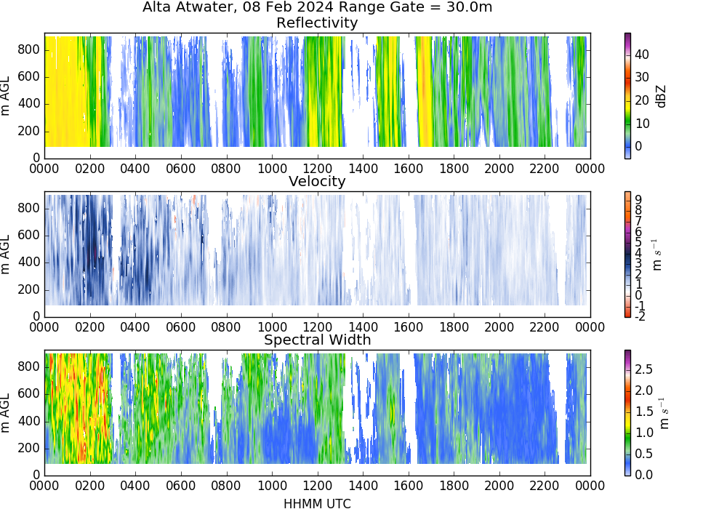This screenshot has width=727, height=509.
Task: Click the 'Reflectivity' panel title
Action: point(317,23)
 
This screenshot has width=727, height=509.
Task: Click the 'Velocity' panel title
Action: point(317,181)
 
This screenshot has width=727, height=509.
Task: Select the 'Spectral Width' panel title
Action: point(317,340)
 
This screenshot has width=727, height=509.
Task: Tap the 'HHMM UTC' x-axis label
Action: point(317,503)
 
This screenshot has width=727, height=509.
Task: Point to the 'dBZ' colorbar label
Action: point(661,97)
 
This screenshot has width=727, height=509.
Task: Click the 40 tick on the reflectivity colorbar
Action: point(642,55)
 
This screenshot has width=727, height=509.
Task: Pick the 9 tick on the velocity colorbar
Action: point(638,199)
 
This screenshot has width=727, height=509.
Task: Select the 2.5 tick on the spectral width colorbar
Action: point(644,369)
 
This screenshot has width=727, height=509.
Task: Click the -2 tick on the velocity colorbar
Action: point(640,316)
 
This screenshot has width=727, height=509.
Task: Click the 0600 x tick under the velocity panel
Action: point(181,327)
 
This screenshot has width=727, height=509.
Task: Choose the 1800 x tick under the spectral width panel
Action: point(454,486)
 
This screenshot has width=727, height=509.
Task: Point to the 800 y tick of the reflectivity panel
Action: point(29,49)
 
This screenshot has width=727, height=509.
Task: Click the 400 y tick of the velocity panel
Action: point(29,262)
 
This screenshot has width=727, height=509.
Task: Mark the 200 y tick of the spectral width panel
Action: point(29,448)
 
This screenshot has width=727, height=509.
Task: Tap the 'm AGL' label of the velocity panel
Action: point(6,254)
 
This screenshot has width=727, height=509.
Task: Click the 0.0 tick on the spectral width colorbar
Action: point(644,475)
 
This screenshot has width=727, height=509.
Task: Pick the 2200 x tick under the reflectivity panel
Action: point(545,168)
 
